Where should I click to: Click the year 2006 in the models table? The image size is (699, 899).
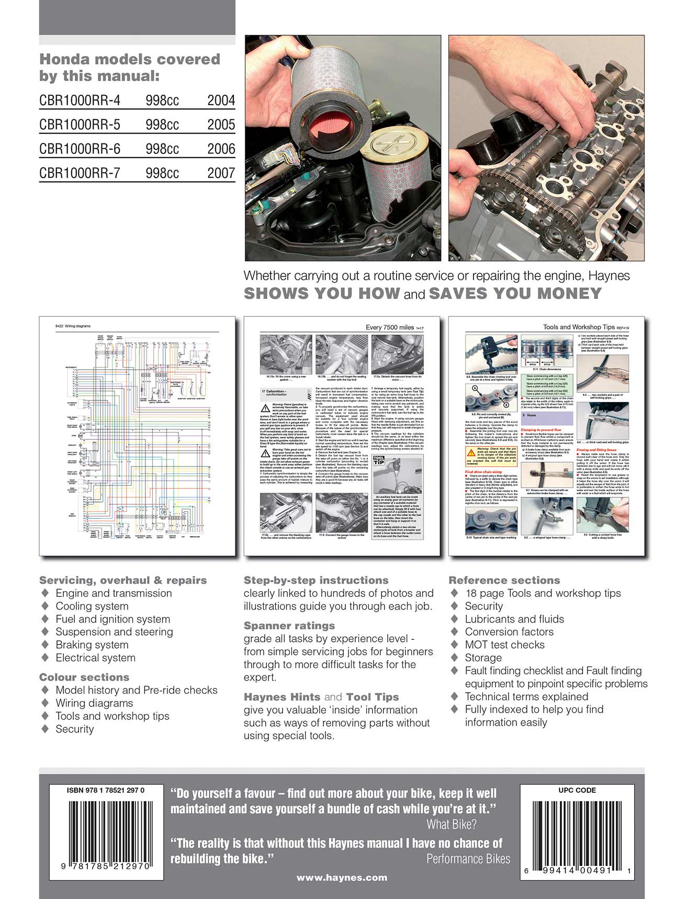(221, 149)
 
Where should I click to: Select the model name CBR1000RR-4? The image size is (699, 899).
(80, 101)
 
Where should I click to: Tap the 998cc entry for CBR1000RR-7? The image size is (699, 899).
(162, 173)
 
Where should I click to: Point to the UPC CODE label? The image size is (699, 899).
(577, 791)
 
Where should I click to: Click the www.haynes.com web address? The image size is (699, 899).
(342, 878)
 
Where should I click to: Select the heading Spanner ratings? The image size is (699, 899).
(289, 626)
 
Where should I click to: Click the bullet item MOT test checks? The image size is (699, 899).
(504, 645)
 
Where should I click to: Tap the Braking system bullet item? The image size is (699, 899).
(92, 645)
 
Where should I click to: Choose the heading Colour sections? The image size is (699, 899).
(84, 677)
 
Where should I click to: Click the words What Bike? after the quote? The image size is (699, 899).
(452, 825)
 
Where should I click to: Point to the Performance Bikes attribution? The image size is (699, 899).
(468, 859)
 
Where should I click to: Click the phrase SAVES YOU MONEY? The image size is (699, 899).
(515, 294)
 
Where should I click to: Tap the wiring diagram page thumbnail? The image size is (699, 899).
(137, 436)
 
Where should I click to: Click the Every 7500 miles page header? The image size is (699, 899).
(390, 327)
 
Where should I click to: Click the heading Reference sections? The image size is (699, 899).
(504, 580)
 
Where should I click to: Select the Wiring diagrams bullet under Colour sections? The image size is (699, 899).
(94, 703)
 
